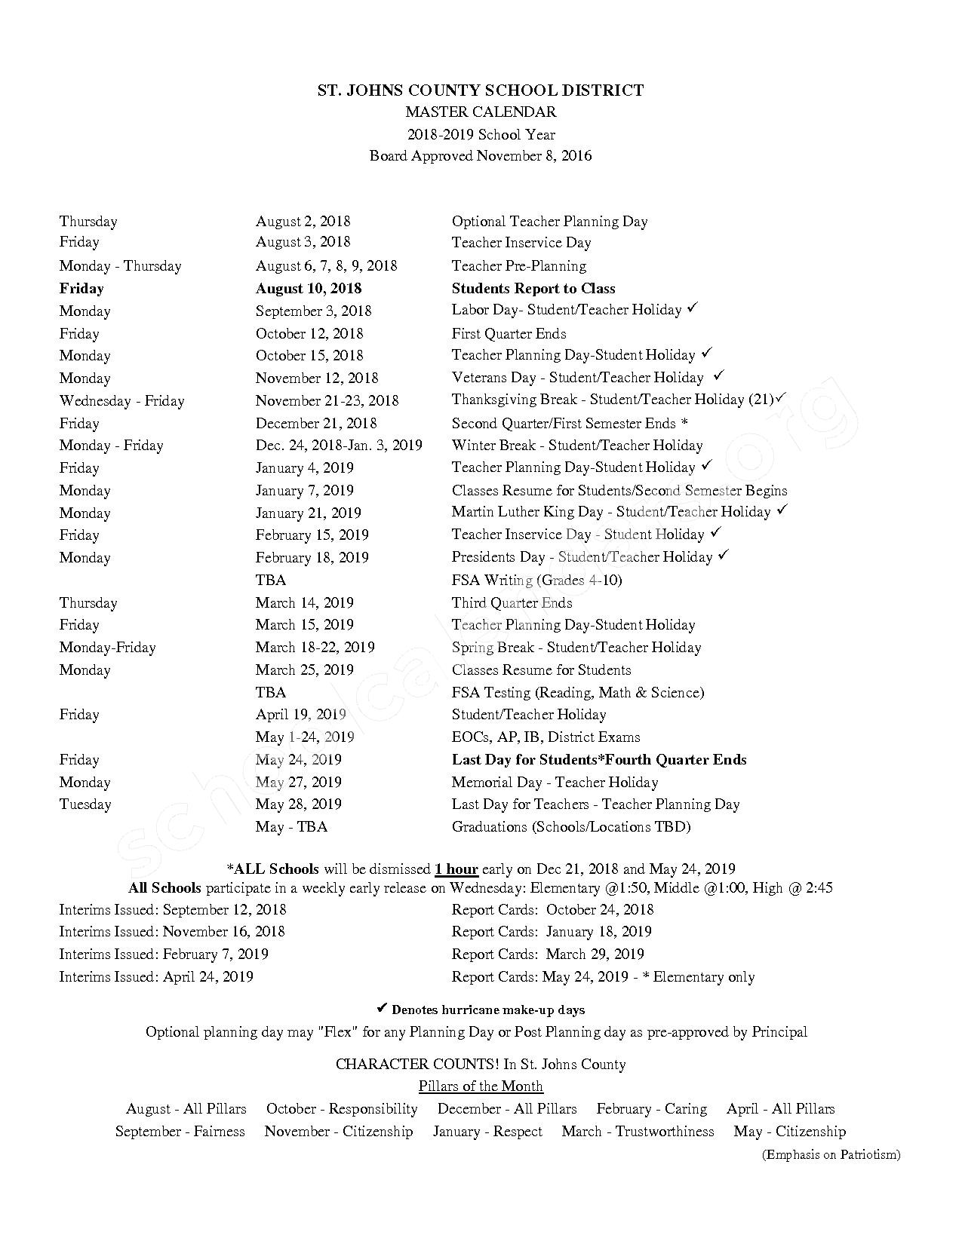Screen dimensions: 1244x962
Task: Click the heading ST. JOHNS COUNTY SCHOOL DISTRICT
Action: pos(480,90)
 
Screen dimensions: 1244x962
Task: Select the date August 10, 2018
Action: pos(309,289)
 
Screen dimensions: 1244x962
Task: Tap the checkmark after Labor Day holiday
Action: pos(693,309)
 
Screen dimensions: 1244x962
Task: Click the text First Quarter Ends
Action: pos(509,333)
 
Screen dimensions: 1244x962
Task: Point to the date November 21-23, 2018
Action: pos(327,400)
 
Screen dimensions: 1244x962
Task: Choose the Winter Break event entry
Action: pos(576,446)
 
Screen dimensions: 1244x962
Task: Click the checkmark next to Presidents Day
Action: pos(724,556)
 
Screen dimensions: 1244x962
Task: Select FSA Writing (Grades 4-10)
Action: pos(536,580)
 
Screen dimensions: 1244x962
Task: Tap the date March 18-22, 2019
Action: pos(315,647)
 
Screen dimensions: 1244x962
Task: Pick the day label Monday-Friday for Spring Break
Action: pos(107,647)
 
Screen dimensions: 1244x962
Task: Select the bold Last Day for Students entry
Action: pos(599,759)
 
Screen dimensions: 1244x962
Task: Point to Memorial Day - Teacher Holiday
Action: pos(555,782)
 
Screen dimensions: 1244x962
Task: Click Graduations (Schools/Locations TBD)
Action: pos(570,826)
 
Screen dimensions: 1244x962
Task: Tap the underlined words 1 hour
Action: pos(456,869)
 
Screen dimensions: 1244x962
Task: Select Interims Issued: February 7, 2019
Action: pos(164,954)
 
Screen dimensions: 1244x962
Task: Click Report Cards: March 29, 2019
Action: pos(547,954)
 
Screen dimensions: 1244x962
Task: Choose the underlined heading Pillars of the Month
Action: pos(481,1086)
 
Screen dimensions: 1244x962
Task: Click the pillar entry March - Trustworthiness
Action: pos(638,1131)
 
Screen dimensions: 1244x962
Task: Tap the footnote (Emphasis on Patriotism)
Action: pos(831,1154)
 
